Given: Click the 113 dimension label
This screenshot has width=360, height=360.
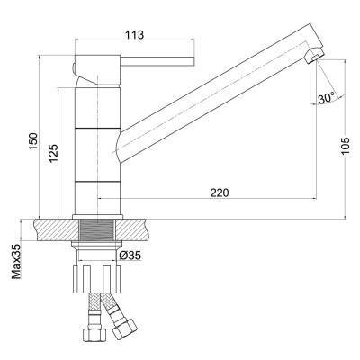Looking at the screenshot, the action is pos(135,35).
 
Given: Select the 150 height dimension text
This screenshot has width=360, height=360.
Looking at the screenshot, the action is pos(33,141).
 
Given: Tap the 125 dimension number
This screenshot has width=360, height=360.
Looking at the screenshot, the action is pos(53,154).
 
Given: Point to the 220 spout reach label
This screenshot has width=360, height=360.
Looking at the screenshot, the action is pos(220,193).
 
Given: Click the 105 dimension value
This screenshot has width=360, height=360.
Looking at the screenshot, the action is pos(345,146).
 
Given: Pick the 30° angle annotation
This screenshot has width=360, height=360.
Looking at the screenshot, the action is pos(327,98).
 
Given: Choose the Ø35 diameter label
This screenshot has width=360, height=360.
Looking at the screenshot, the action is pos(130,256).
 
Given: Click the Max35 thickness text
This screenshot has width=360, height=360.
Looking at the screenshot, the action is pos(16,262).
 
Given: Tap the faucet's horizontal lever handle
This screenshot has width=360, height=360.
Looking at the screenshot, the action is pos(157,61).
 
